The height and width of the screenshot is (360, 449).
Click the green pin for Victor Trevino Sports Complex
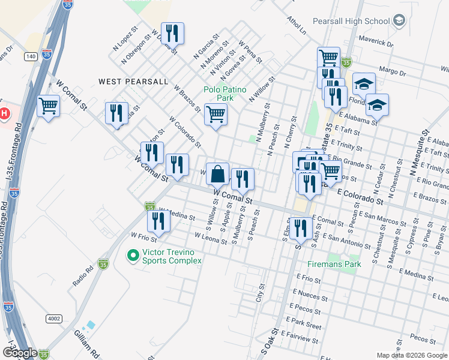133,256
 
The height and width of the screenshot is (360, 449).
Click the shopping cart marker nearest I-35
48,107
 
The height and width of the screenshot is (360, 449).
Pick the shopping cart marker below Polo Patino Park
215,114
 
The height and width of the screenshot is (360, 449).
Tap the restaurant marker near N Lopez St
173,34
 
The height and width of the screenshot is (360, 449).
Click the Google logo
19,353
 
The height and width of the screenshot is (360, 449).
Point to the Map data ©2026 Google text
411,355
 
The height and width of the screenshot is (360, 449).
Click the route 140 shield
31,56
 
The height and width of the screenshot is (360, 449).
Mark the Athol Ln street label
296,25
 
